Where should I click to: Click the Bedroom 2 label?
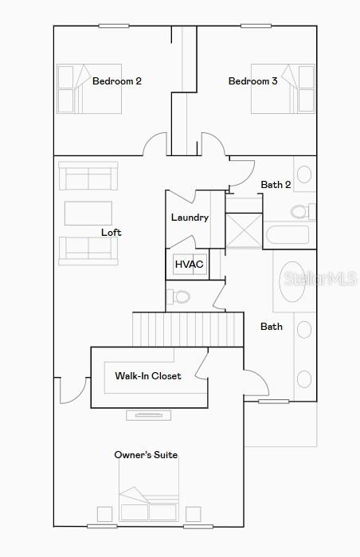tap(117, 81)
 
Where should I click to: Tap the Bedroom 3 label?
tap(252, 81)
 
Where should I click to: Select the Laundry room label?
tap(190, 218)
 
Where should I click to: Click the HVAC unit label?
tap(190, 265)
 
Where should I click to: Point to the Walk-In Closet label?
tap(148, 376)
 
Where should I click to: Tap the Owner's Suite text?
tap(146, 455)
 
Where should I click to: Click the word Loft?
tap(112, 233)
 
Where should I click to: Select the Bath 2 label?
tap(276, 185)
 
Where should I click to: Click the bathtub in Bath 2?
tap(288, 235)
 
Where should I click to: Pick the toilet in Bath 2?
tap(302, 212)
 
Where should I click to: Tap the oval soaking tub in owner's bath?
tap(292, 282)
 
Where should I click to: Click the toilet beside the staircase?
tap(178, 296)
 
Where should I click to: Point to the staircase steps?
tap(188, 329)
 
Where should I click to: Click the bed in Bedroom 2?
tap(89, 88)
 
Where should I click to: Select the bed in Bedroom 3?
tap(283, 88)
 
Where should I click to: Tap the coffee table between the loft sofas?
tap(88, 213)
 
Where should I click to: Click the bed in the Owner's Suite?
tap(149, 504)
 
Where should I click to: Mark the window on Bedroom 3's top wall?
tap(256, 25)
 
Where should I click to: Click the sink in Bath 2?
tap(304, 175)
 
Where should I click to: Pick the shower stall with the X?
tap(244, 230)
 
